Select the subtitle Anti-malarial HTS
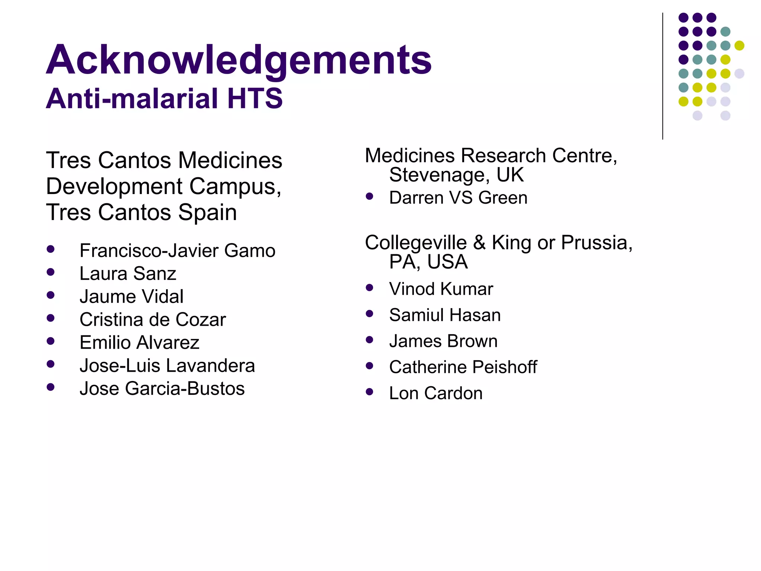164,99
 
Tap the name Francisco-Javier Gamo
177,251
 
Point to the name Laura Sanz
127,274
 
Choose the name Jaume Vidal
131,297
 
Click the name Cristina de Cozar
152,320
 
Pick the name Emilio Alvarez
139,343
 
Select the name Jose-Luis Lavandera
167,366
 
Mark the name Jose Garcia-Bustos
162,389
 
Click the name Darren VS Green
458,198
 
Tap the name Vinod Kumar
441,289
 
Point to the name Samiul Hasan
445,315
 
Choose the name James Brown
443,341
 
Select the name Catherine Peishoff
463,367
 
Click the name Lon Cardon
436,393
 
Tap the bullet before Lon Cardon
369,392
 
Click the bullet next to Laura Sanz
51,272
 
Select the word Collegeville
416,243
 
